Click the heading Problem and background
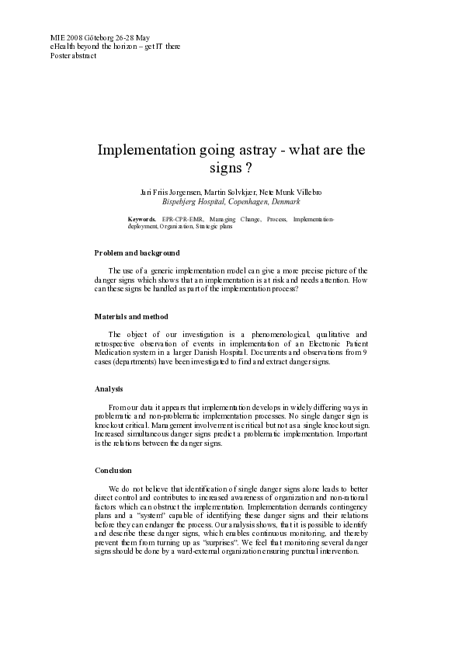tap(137, 253)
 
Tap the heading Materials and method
tap(131, 317)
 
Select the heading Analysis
tap(109, 389)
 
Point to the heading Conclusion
tap(113, 471)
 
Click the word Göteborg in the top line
tap(100, 37)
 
